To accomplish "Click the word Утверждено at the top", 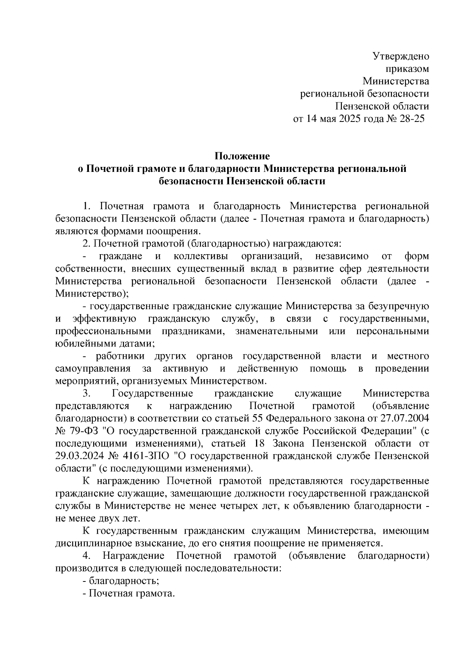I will pos(401,57).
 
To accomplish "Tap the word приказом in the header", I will pos(407,69).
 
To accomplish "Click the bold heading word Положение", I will pos(242,156).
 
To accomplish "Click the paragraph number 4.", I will pos(86,556).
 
